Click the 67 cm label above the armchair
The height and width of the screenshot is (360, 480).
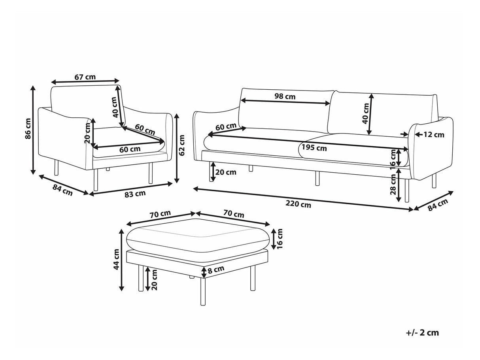(85, 77)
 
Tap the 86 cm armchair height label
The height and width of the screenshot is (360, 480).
(28, 129)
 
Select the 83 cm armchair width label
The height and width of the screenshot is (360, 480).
(135, 194)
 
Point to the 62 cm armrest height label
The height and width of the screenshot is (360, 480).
(181, 145)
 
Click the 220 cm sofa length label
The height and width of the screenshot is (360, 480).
(298, 204)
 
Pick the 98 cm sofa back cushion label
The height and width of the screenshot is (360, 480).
(285, 96)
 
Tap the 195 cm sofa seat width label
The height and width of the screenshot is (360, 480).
(314, 148)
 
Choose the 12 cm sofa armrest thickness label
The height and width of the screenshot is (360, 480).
(434, 135)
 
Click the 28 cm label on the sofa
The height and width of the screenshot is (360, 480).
(393, 184)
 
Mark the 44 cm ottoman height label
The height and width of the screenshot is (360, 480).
(116, 260)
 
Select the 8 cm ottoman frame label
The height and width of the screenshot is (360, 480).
(216, 269)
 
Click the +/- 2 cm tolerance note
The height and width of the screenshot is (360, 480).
(423, 333)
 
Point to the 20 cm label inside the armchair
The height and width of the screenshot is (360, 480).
(87, 133)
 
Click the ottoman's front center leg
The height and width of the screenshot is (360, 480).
(203, 291)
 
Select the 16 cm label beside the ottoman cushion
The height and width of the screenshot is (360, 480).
(280, 239)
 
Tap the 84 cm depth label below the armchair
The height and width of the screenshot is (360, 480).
(62, 190)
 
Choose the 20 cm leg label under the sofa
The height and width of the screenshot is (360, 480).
(226, 172)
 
